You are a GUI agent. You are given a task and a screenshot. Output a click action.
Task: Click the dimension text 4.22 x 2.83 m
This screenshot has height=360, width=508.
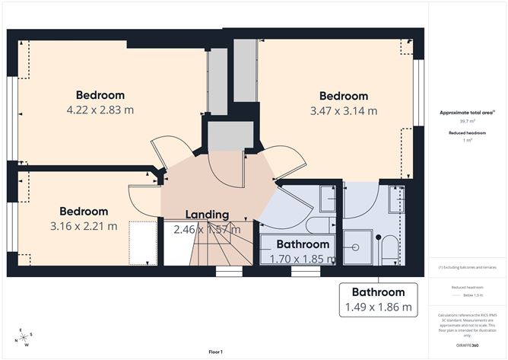pos(100,110)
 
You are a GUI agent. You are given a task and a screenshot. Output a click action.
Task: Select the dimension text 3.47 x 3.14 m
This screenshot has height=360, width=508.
pos(343,110)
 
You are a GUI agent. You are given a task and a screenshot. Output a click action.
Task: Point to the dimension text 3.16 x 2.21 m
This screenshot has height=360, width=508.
pos(84,225)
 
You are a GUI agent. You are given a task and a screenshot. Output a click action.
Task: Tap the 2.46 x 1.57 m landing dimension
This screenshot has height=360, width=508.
pos(207,229)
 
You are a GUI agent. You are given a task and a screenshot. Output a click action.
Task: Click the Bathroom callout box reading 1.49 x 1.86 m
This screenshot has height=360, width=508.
pos(378,300)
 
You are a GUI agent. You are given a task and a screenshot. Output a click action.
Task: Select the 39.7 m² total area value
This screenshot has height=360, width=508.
pos(462,120)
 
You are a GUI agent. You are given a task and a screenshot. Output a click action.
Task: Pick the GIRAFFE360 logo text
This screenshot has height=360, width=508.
pos(463,345)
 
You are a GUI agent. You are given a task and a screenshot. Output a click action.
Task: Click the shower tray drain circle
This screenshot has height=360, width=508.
pos(356,247)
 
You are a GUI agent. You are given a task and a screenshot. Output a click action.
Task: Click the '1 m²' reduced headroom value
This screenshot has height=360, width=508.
pos(462,140)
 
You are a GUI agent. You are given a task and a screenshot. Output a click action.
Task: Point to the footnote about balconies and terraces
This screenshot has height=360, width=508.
pos(462,268)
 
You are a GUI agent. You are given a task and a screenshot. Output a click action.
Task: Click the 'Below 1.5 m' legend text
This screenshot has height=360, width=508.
pos(468,295)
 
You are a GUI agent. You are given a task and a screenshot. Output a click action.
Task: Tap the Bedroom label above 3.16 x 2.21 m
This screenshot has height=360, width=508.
pos(84,211)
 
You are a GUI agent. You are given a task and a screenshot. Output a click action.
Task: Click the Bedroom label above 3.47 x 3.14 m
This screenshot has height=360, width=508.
pos(343,96)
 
